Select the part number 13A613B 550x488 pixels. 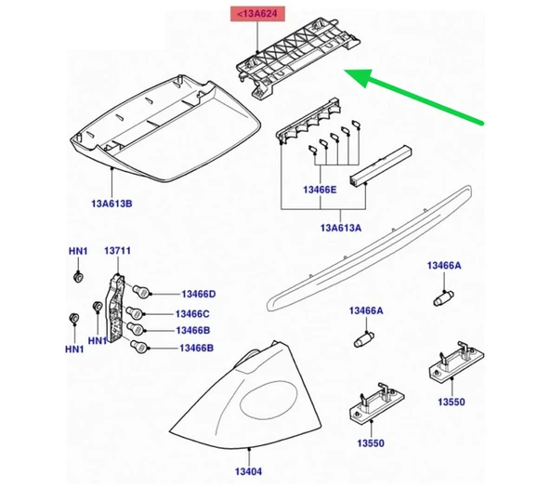click(x=111, y=203)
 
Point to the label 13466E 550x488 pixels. click(x=321, y=191)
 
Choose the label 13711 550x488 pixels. click(x=116, y=252)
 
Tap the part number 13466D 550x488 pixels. click(x=197, y=294)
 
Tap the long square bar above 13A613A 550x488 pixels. click(x=377, y=165)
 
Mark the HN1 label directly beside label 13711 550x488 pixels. click(x=76, y=252)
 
